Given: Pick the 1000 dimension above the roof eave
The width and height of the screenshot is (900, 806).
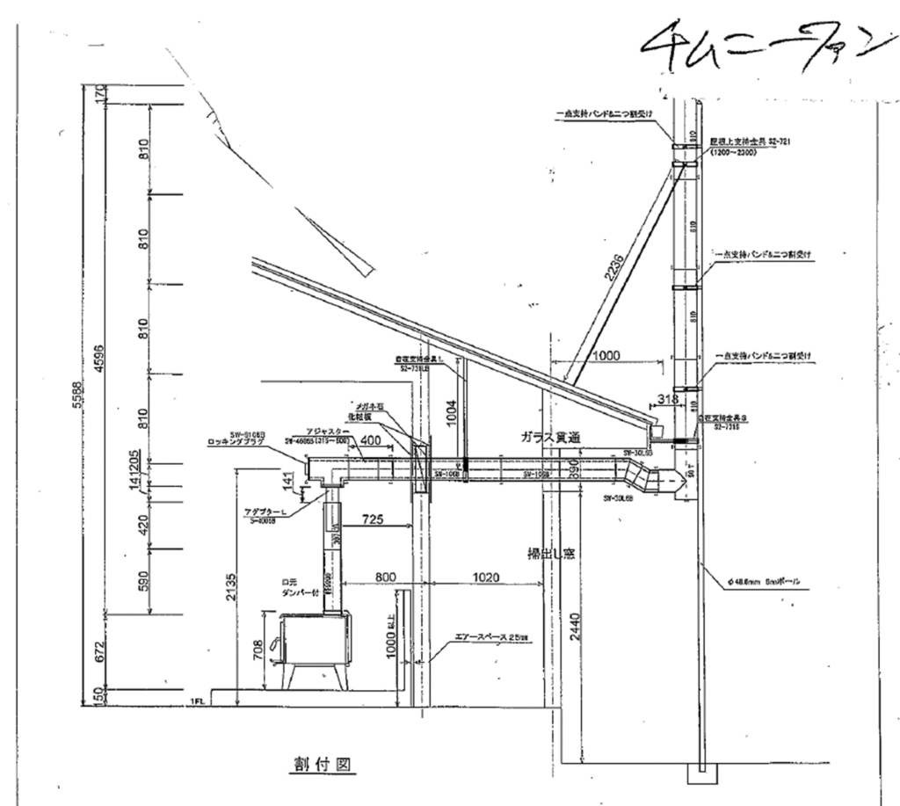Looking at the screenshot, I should (606, 356).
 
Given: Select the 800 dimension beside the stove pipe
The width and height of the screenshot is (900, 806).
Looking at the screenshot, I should (386, 577).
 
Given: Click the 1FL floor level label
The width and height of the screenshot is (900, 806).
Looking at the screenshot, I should (197, 701).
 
